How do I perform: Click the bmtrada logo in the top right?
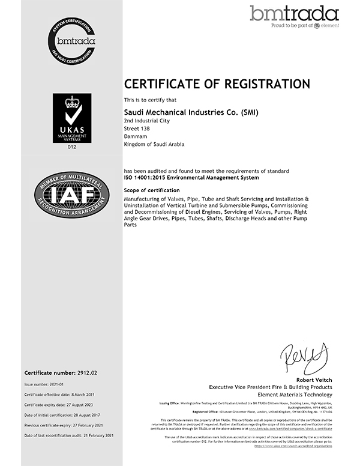point(294,16)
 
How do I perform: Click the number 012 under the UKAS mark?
point(72,146)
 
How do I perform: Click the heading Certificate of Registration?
point(217,83)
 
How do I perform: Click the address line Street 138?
point(137,129)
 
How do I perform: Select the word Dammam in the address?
point(135,136)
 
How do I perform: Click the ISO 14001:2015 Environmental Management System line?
point(191,178)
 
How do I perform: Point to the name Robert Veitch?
point(311,380)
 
